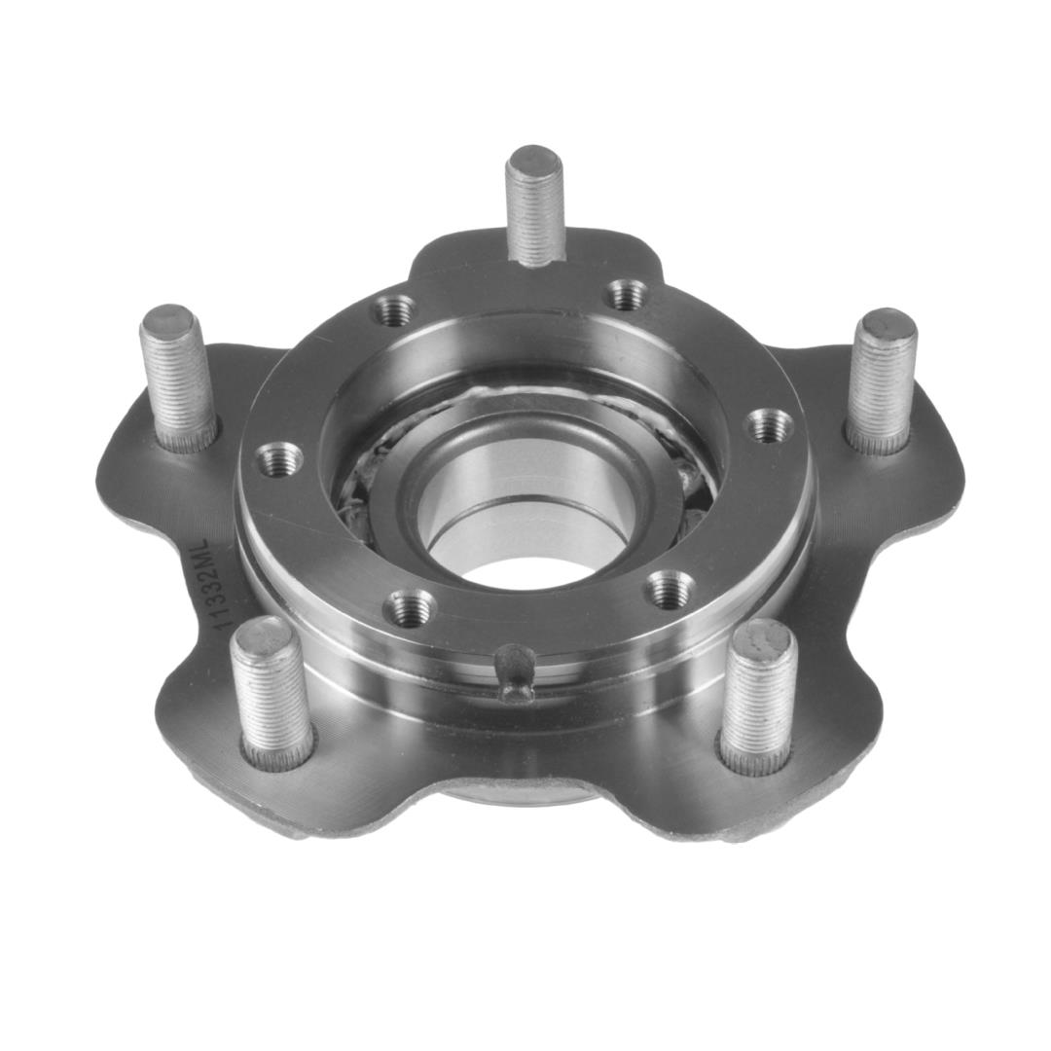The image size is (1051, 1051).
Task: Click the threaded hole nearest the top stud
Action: pyautogui.click(x=628, y=293)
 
